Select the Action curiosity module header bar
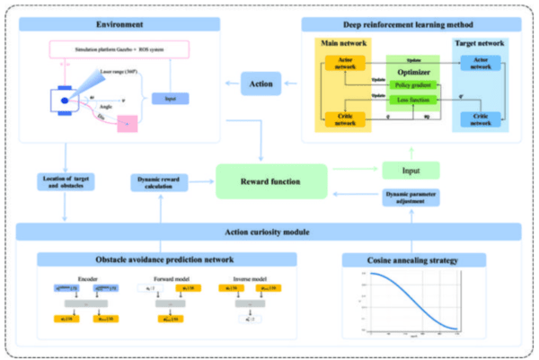(x=268, y=233)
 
